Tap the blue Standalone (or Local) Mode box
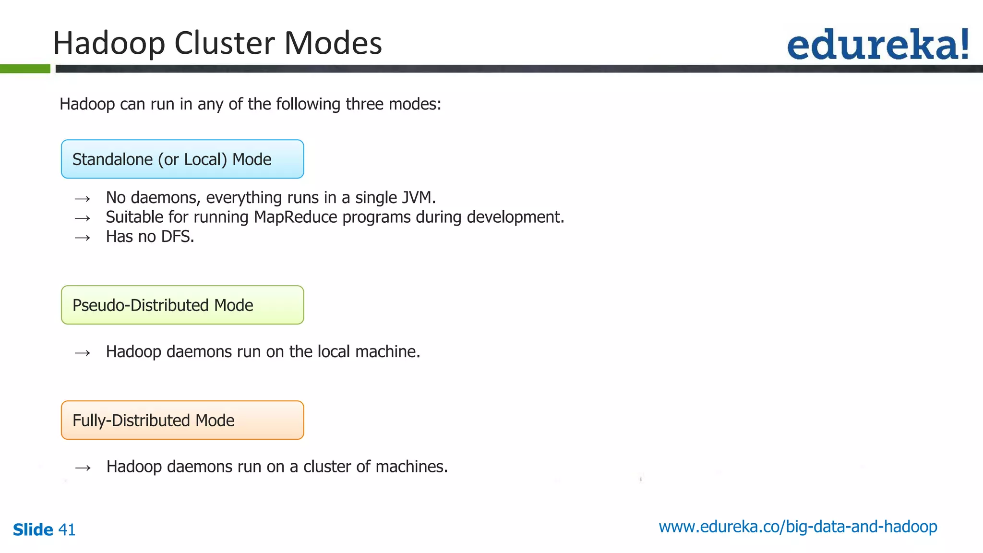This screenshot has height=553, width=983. [x=182, y=159]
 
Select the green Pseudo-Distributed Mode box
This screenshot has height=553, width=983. [x=182, y=305]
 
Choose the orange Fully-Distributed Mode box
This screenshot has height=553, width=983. [x=182, y=420]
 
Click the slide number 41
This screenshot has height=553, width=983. [x=67, y=530]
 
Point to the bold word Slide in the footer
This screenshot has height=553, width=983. [x=33, y=530]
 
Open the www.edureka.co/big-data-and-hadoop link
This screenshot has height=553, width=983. [x=798, y=527]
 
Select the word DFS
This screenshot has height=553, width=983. [x=177, y=237]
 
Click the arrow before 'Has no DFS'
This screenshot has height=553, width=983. [x=83, y=238]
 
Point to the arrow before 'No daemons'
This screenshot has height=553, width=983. [x=83, y=199]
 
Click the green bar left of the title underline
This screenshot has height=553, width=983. [x=25, y=69]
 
